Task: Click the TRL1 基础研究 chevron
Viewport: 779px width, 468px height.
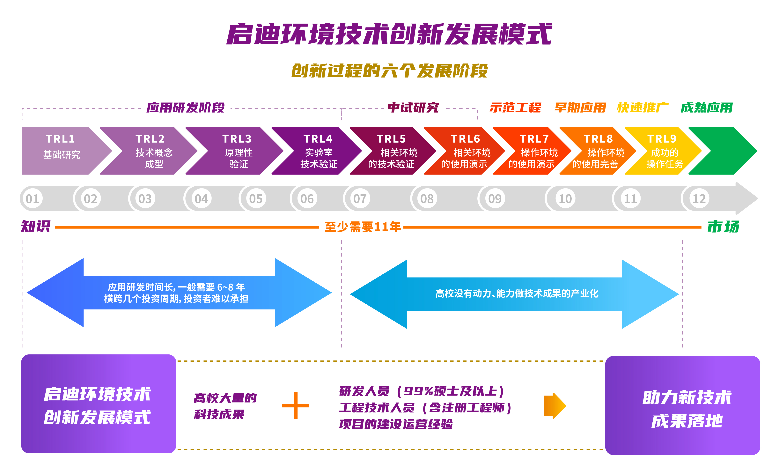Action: point(62,151)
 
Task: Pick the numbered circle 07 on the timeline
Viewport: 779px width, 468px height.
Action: point(360,199)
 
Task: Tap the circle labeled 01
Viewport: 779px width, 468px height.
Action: point(32,199)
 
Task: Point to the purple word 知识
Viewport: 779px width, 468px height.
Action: point(35,226)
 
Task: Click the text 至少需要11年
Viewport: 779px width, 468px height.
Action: point(363,227)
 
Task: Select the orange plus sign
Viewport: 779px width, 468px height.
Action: point(295,405)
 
